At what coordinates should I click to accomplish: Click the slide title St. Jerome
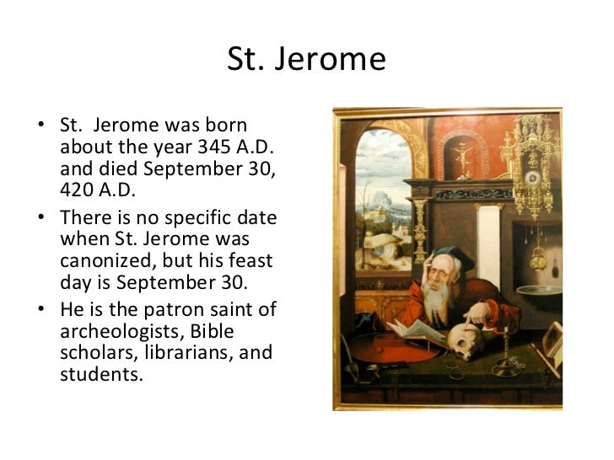(x=306, y=60)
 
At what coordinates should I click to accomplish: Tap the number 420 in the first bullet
(x=77, y=185)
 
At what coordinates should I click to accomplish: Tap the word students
(x=96, y=372)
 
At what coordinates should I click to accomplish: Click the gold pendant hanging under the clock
(x=536, y=256)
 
